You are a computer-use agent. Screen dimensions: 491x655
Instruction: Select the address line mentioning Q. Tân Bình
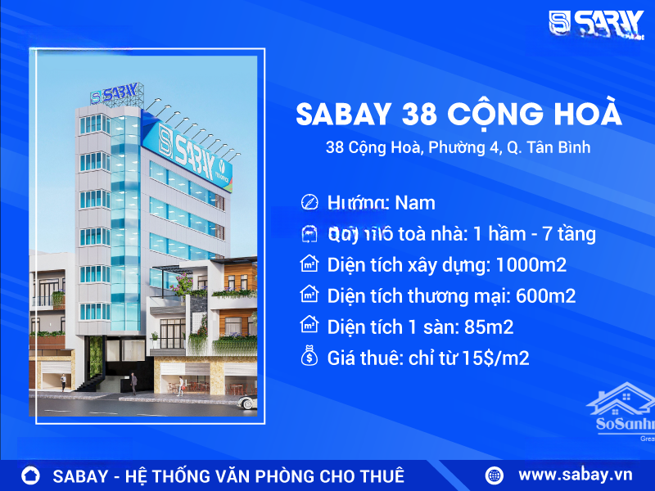(x=458, y=148)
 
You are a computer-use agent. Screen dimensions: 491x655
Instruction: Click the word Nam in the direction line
(x=415, y=203)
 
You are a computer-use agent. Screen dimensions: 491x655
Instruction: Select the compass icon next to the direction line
(x=309, y=202)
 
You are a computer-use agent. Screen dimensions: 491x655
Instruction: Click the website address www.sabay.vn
(x=576, y=475)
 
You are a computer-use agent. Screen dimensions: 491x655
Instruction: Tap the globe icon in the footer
(x=495, y=475)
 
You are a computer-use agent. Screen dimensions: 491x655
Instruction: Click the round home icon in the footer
(x=31, y=475)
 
